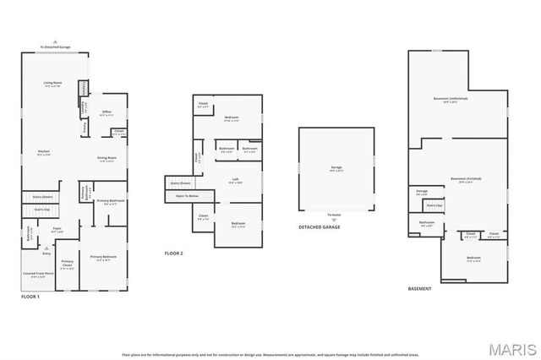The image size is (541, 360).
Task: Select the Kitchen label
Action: point(44,152)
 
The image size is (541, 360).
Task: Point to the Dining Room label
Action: point(106,158)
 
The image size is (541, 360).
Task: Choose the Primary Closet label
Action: point(67,264)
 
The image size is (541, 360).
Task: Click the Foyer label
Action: point(57,227)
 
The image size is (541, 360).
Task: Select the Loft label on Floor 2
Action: point(236,179)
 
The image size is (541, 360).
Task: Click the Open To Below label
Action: point(187,195)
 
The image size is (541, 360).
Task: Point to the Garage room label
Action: point(336,167)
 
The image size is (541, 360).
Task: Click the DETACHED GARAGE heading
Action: point(320,226)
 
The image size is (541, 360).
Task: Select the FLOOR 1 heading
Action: point(30,297)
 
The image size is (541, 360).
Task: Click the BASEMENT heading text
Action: point(419,289)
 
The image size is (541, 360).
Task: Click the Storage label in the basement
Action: point(422,191)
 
